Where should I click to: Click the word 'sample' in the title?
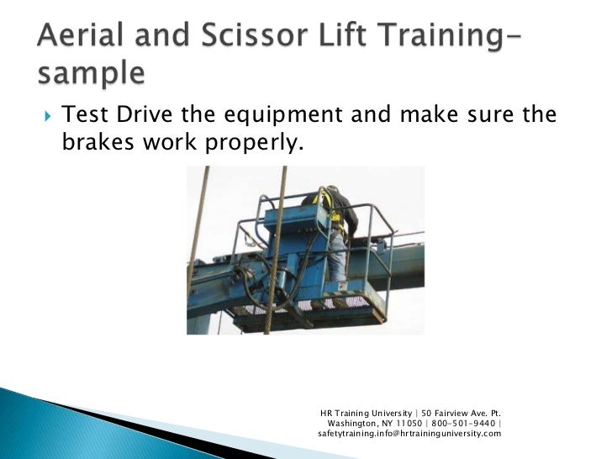[90, 73]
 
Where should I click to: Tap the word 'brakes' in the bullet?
[95, 144]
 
